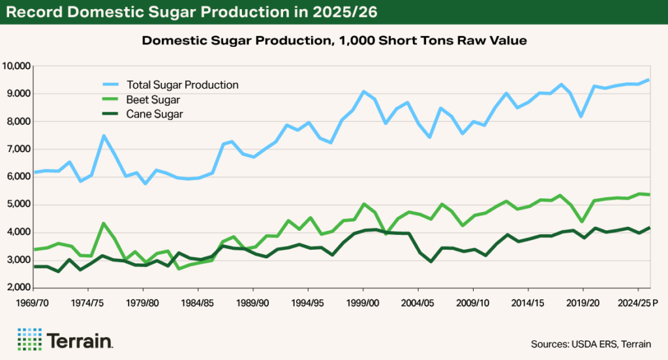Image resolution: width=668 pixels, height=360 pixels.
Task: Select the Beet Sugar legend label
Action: pos(154,99)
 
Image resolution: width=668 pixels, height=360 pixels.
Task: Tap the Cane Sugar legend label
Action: pos(155,113)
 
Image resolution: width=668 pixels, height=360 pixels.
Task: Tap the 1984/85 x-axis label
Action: pos(198,303)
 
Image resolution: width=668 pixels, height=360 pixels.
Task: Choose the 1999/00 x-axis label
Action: pos(363,303)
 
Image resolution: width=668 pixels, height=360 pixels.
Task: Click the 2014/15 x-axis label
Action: pos(528,303)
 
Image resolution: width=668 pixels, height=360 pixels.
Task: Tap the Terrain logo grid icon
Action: pos(29,340)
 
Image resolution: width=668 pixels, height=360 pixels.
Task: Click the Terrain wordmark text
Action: pos(80,340)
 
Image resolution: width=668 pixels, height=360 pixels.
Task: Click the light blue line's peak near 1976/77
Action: pos(103,136)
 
